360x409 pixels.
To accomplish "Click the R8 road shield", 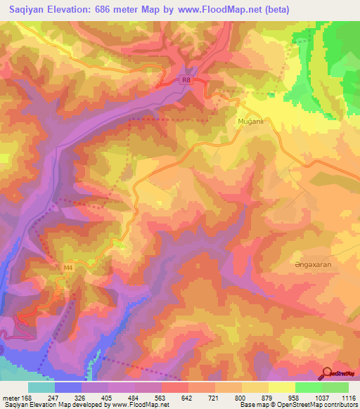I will click(x=186, y=81).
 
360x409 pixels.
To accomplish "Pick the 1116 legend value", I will click(x=349, y=397).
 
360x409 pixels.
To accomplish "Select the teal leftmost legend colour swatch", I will click(x=41, y=387).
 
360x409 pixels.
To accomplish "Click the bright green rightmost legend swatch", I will click(x=335, y=387).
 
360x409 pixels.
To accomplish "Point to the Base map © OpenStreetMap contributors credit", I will click(x=298, y=405).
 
